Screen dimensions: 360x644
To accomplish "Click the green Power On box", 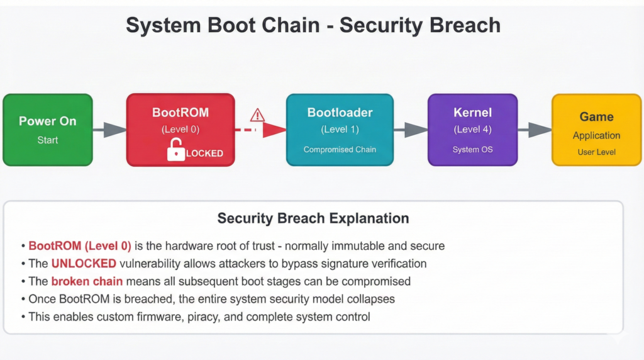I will [x=48, y=130].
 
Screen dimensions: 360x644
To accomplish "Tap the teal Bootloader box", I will [x=340, y=130].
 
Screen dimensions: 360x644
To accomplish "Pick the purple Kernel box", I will [x=472, y=130].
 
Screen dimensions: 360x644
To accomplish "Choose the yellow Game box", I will [x=596, y=130].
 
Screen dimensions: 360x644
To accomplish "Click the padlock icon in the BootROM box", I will [x=176, y=151].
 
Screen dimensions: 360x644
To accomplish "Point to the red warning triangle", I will [x=257, y=115].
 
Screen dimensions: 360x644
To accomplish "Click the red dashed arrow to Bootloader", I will [x=260, y=130].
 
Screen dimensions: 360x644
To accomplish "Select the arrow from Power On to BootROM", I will [x=109, y=130].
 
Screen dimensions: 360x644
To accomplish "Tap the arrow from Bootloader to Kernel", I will [x=411, y=130].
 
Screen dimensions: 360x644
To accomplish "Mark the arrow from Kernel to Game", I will [x=535, y=130].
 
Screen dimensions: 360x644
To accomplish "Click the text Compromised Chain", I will [x=340, y=150].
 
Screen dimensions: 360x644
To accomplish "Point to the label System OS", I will [x=472, y=150].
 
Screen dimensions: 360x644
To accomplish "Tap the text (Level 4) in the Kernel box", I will [x=472, y=130].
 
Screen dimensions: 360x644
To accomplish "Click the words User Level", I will [x=596, y=152].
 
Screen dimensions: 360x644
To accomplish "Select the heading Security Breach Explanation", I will [x=313, y=218].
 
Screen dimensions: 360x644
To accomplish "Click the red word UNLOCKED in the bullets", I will [x=84, y=263].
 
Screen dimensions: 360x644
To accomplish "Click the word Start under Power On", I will [x=48, y=140].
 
